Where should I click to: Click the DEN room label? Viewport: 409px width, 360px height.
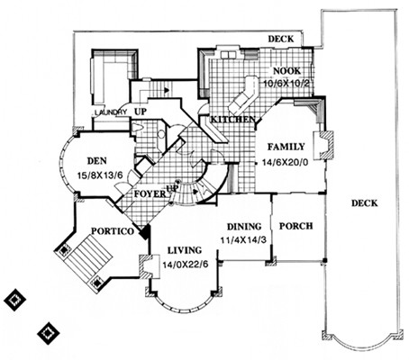coord(96,161)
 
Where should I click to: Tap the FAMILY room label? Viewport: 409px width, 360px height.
coord(286,147)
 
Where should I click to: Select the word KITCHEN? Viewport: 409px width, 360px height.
coord(232,120)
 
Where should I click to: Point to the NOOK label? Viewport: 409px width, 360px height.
coord(286,71)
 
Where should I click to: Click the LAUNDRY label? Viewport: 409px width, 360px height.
coord(111,112)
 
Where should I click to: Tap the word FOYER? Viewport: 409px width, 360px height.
coord(150,193)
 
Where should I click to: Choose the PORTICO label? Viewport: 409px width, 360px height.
coord(113,231)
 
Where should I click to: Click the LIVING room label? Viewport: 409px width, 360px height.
coord(185,250)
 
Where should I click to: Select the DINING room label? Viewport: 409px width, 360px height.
coord(244,227)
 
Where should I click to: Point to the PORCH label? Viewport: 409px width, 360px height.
coord(295,226)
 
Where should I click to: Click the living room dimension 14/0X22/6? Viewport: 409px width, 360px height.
coord(186,265)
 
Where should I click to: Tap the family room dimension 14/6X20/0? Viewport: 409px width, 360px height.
coord(286,162)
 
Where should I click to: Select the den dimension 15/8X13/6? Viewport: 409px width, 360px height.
coord(100,175)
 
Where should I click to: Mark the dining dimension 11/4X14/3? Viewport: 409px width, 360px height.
coord(243,240)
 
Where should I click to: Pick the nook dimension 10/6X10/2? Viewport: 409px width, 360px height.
coord(286,83)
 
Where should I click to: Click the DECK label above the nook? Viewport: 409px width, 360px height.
coord(281,39)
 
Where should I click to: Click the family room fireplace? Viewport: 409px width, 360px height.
coord(323,145)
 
